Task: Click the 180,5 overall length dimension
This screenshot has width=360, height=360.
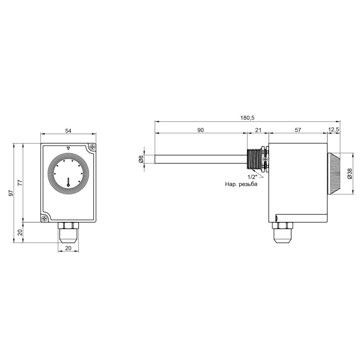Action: click(247, 118)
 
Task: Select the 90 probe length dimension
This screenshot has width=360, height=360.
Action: click(200, 130)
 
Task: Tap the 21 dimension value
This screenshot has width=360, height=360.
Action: click(258, 130)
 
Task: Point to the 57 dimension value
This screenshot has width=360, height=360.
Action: click(297, 130)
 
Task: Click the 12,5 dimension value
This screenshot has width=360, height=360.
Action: click(333, 130)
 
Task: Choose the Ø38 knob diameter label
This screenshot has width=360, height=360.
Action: click(350, 173)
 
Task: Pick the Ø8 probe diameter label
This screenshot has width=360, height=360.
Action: click(141, 159)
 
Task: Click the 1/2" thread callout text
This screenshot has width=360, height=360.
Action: click(252, 177)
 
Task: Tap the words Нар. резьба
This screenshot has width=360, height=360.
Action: click(241, 184)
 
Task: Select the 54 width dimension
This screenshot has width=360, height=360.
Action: click(68, 131)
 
